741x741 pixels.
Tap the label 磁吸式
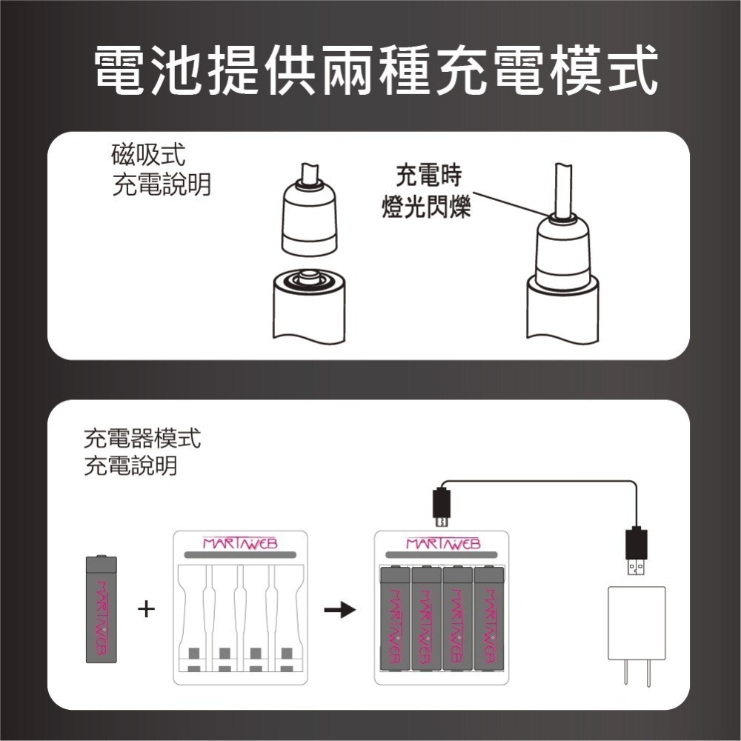pyautogui.click(x=147, y=156)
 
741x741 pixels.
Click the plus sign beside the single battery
pyautogui.click(x=147, y=610)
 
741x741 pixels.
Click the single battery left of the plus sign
pyautogui.click(x=102, y=608)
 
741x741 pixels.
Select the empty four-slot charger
pyautogui.click(x=239, y=608)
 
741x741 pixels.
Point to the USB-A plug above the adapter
pyautogui.click(x=636, y=551)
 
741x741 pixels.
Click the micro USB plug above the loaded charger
pyautogui.click(x=442, y=506)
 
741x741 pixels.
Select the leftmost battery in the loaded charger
pyautogui.click(x=394, y=618)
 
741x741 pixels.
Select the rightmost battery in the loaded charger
pyautogui.click(x=489, y=618)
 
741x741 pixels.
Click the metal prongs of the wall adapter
pyautogui.click(x=637, y=673)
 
